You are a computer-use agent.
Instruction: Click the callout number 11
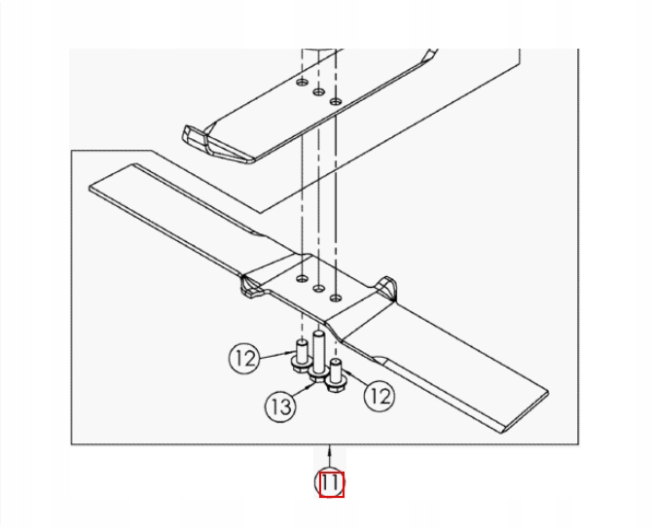click(x=330, y=483)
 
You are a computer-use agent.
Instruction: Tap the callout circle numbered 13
click(x=281, y=405)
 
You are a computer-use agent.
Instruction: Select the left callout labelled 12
click(x=245, y=358)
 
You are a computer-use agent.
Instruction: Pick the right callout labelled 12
click(x=380, y=396)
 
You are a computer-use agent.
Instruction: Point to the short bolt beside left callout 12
click(x=302, y=356)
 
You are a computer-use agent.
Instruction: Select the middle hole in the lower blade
click(x=318, y=288)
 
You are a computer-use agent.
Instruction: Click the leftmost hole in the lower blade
click(x=302, y=278)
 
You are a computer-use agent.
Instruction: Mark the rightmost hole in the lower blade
click(x=335, y=298)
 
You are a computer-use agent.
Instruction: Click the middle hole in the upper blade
click(x=318, y=91)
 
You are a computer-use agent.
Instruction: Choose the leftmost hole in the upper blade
click(x=302, y=82)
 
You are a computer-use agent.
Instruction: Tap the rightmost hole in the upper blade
click(x=335, y=101)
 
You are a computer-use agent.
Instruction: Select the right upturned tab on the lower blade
click(x=386, y=286)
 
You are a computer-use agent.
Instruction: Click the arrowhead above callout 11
click(x=330, y=449)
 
